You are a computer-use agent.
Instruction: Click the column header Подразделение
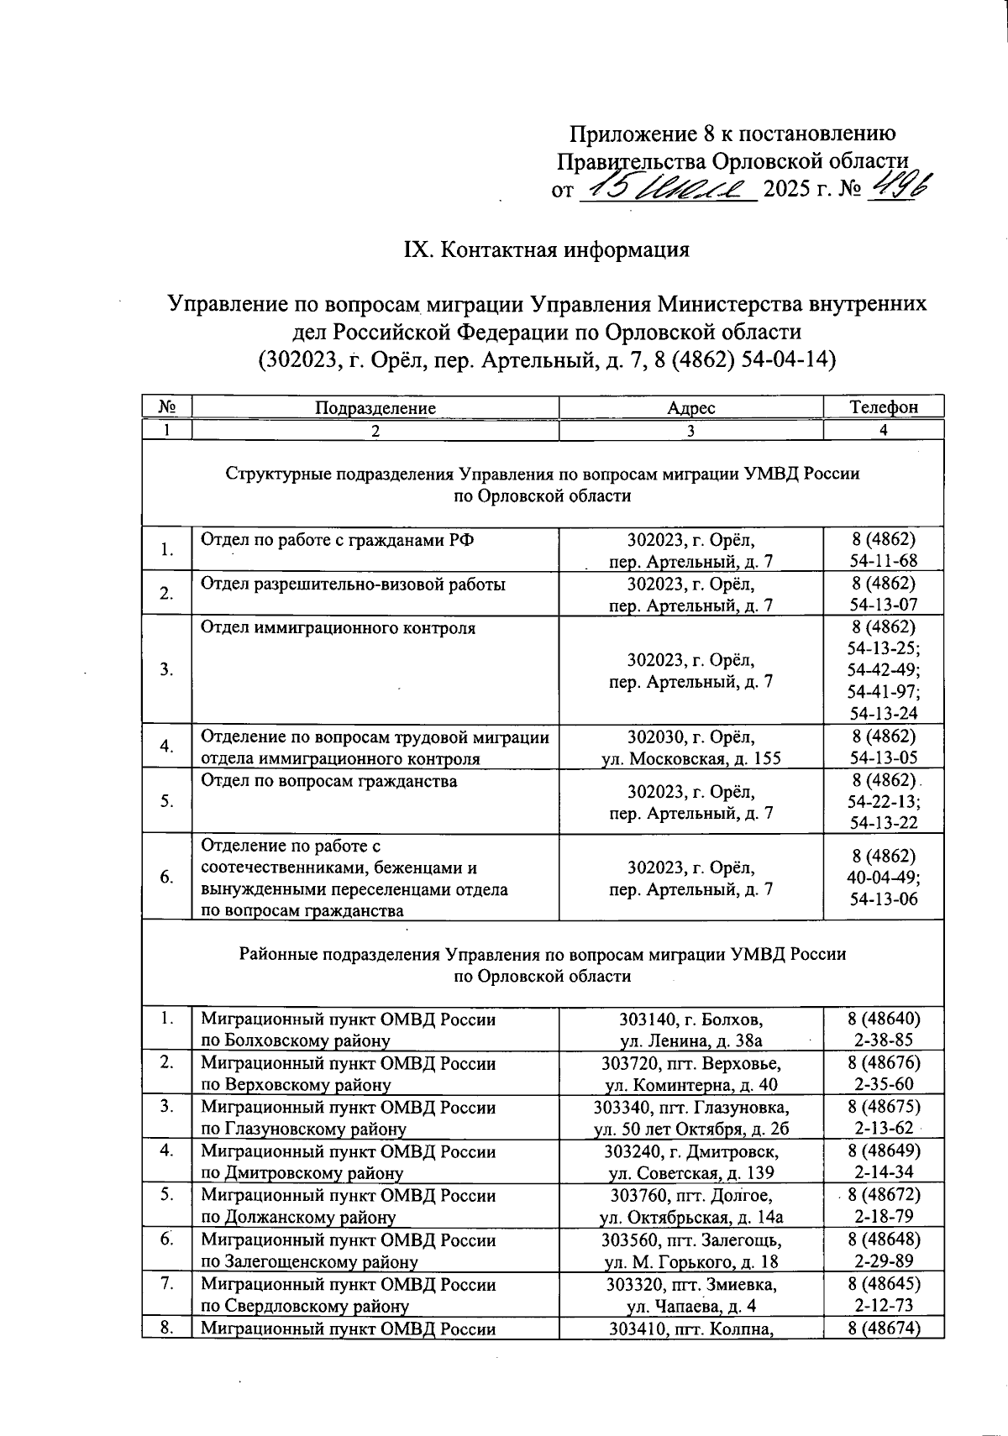pyautogui.click(x=375, y=408)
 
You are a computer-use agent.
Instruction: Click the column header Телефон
pyautogui.click(x=884, y=408)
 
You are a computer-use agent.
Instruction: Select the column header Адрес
pyautogui.click(x=690, y=408)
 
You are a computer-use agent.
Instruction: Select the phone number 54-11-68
pyautogui.click(x=884, y=560)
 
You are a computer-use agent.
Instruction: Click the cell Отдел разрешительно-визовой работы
pyautogui.click(x=353, y=584)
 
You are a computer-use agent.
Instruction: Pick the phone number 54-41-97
pyautogui.click(x=884, y=691)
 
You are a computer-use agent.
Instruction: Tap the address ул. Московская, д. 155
pyautogui.click(x=690, y=758)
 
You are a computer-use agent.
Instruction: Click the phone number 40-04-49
pyautogui.click(x=884, y=877)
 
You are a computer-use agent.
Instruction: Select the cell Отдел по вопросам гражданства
pyautogui.click(x=329, y=782)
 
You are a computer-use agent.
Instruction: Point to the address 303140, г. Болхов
pyautogui.click(x=690, y=1019)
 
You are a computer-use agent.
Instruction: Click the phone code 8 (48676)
pyautogui.click(x=884, y=1063)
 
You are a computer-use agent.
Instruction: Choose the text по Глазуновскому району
pyautogui.click(x=303, y=1129)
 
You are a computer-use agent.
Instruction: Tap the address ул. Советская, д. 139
pyautogui.click(x=690, y=1173)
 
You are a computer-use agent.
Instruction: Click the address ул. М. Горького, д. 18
pyautogui.click(x=690, y=1261)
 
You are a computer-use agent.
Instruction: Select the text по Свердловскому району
pyautogui.click(x=305, y=1306)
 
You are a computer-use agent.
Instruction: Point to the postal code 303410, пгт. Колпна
pyautogui.click(x=690, y=1328)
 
